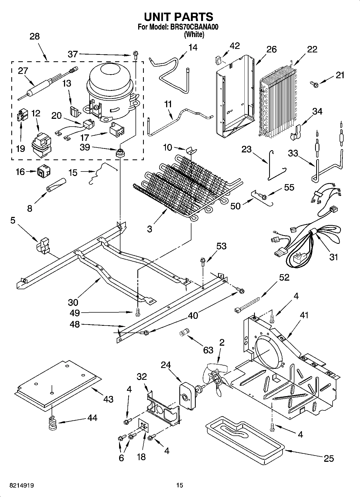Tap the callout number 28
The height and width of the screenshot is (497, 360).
[x=34, y=36]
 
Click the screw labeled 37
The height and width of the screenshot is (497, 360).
[x=135, y=56]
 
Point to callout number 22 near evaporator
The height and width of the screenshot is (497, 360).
[x=312, y=49]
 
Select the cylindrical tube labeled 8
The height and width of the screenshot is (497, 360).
[x=56, y=185]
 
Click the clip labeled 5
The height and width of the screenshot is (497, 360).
[x=43, y=245]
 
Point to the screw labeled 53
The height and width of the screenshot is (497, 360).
[x=203, y=261]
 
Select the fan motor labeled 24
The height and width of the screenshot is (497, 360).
[x=187, y=395]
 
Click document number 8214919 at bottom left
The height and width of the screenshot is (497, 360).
[x=22, y=485]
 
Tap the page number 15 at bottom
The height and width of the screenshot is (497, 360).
[x=180, y=485]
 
